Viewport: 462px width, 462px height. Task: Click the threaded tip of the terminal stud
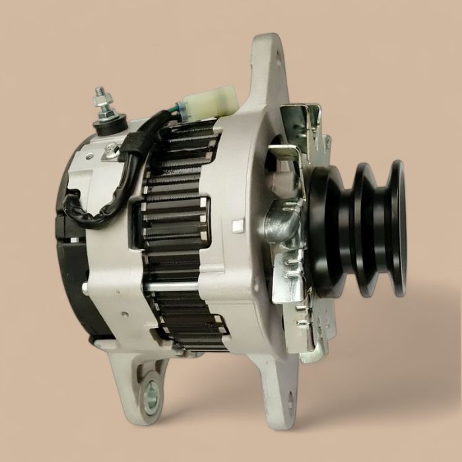click(100, 90)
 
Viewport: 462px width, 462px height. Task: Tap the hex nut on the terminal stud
click(103, 104)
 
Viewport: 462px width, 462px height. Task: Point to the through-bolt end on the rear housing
click(85, 288)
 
